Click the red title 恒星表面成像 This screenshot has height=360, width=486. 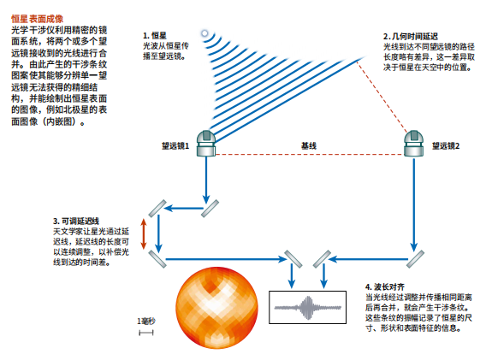pos(37,19)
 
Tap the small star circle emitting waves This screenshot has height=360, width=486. pos(204,33)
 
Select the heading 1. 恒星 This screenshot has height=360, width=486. pos(155,36)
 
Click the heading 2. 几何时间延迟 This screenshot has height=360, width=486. pos(411,36)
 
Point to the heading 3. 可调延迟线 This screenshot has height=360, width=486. pos(76,221)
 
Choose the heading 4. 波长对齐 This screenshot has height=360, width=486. pos(385,286)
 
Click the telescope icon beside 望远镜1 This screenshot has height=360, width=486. pos(206,143)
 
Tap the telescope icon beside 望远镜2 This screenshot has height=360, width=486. pos(414,143)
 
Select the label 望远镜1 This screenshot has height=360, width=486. pos(175,146)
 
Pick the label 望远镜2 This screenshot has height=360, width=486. pos(446,146)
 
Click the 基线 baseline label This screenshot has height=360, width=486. pos(309,145)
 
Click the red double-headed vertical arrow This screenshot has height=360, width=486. pos(144,234)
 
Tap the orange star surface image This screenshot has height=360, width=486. pos(216,308)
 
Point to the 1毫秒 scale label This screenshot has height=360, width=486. pos(146,322)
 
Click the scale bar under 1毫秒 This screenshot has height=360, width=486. pos(146,333)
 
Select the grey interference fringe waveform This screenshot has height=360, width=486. pos(308,308)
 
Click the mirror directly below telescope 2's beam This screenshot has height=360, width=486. pos(415,259)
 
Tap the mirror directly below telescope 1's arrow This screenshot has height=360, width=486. pos(210,209)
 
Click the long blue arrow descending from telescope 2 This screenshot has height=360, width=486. pos(414,204)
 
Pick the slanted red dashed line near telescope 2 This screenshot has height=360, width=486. pos(382,97)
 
